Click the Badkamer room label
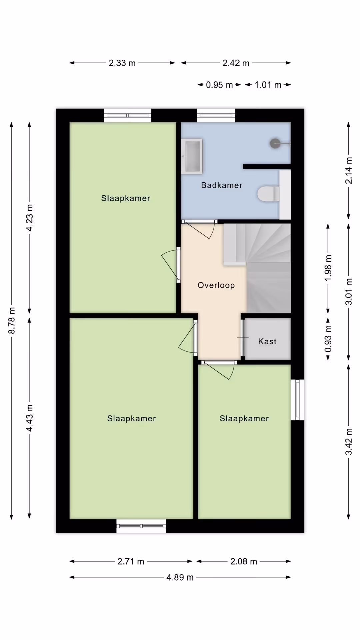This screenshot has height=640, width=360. pos(222,185)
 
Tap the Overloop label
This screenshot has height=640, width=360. pos(216,285)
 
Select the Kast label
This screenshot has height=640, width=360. pos(267,341)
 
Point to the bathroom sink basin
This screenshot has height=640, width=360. pos(192,156)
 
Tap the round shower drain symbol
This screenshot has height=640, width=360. pos(275,143)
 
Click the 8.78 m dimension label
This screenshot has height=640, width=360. pos(12,321)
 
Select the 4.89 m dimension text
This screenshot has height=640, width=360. pos(180,577)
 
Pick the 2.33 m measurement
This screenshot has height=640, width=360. pos(122,63)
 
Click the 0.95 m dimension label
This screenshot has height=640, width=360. pos(219,85)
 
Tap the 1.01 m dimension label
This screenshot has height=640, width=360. pos(268,85)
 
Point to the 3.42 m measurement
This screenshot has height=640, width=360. pos(349,442)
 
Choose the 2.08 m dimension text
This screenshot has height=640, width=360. pos(244,562)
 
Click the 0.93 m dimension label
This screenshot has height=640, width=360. pos(328,339)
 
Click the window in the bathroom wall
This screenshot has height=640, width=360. pos(216,115)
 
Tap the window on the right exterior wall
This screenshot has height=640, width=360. pos(297,400)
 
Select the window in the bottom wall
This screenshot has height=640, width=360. pos(141,526)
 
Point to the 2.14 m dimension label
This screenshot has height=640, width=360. pos(349,171)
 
